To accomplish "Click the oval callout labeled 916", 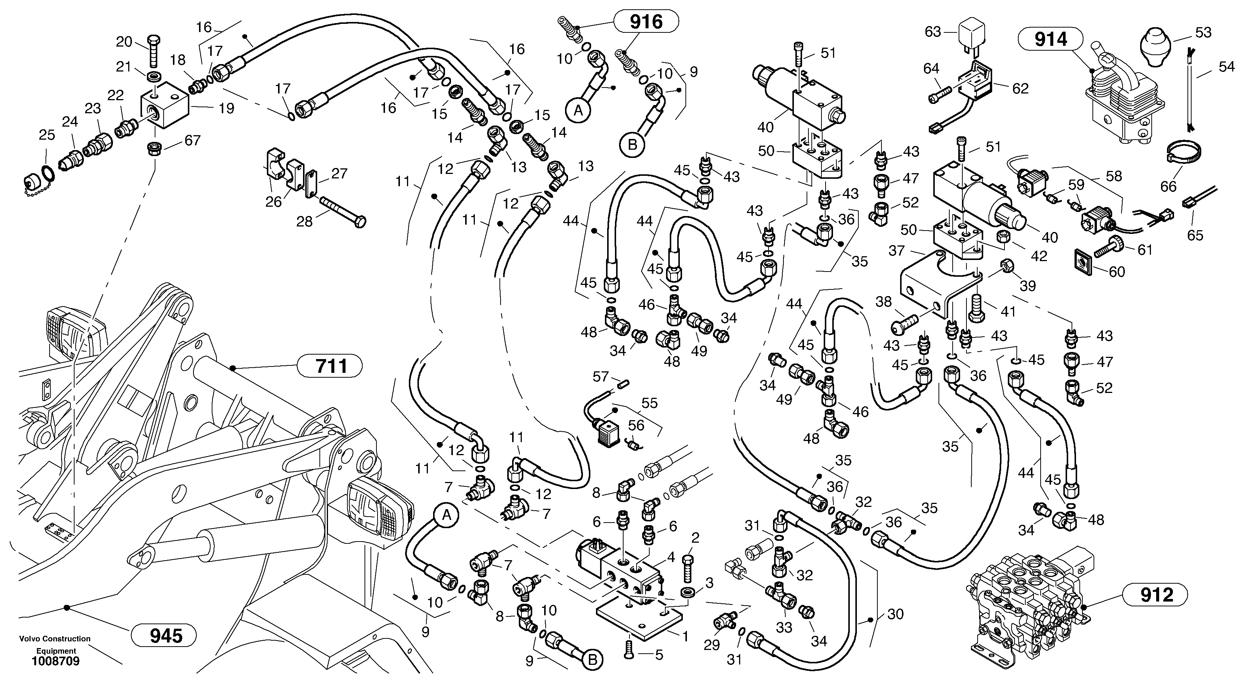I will [646, 22].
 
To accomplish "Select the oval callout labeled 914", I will [1051, 39].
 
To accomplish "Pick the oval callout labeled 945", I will [164, 635].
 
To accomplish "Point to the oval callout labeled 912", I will [1157, 594].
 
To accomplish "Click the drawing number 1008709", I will [56, 661].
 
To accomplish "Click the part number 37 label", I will [896, 251].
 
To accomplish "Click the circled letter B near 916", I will [632, 144].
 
